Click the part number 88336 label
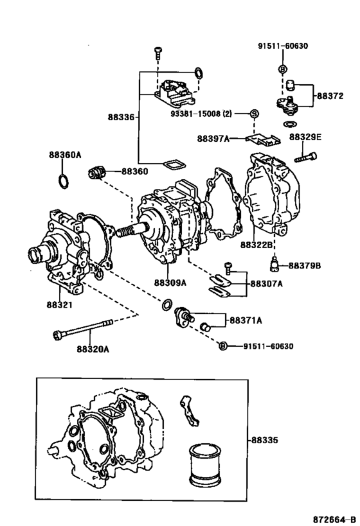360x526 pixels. point(121,118)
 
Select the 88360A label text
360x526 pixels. point(64,155)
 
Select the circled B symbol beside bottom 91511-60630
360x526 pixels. point(223,346)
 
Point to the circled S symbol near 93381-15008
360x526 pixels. point(253,114)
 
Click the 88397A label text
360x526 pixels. point(213,138)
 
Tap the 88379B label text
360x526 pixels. point(304,265)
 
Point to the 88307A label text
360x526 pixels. point(266,283)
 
